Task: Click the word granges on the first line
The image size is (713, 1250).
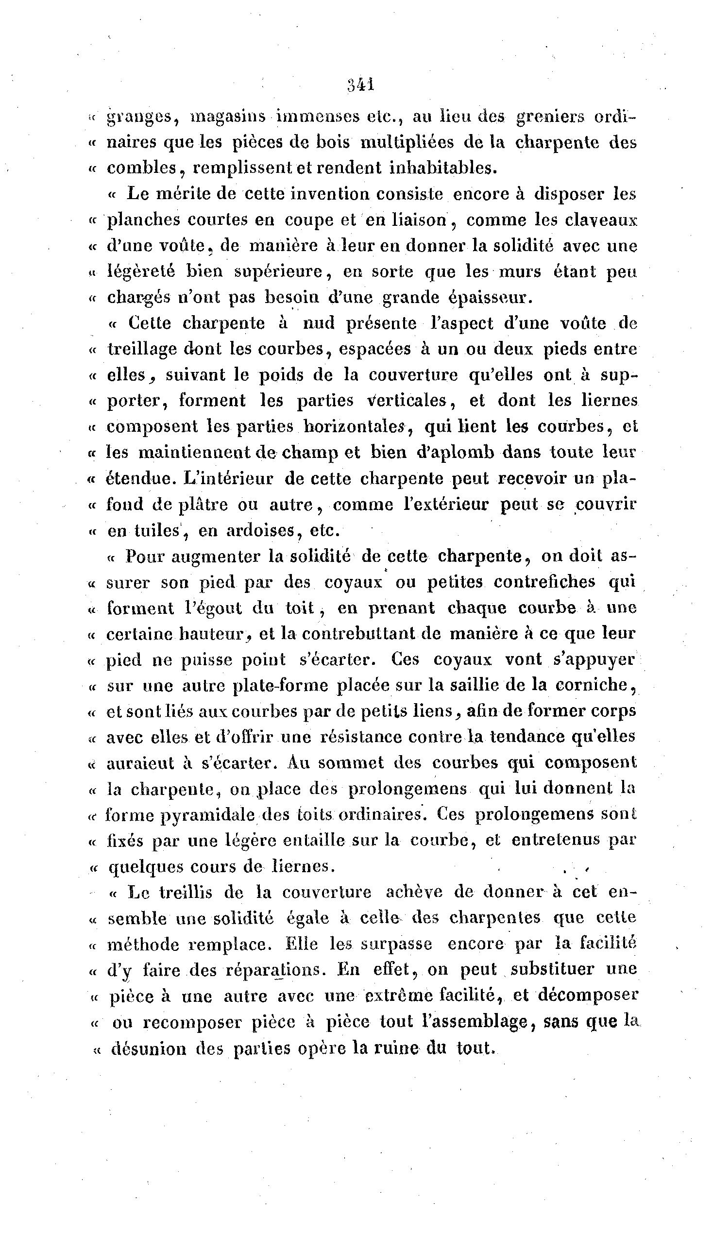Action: (138, 118)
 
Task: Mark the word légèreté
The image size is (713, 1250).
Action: (141, 271)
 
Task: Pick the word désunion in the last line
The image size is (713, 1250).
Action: (150, 1048)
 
